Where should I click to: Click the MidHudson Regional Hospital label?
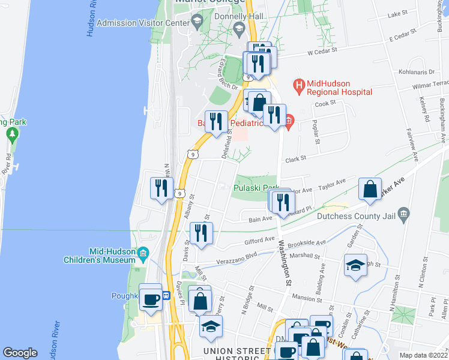click(x=339, y=87)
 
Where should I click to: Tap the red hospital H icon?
click(x=298, y=87)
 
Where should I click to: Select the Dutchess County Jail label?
click(x=355, y=214)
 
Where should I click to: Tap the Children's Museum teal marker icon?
click(x=143, y=256)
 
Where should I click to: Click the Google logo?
click(x=20, y=353)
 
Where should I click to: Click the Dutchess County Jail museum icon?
click(x=403, y=214)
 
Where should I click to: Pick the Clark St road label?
click(x=296, y=159)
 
